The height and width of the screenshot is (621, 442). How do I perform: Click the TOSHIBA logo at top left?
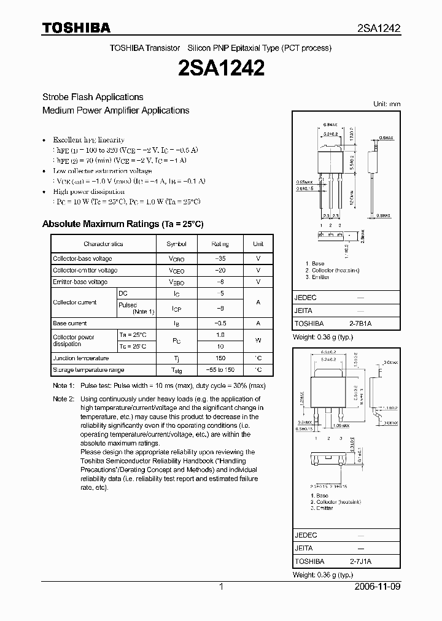tap(76, 28)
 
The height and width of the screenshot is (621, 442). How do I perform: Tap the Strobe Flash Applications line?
tap(93, 97)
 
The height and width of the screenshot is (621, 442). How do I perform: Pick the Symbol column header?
tap(177, 244)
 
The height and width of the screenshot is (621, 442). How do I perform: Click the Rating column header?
tap(220, 244)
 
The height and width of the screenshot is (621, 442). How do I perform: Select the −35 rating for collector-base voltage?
tap(220, 258)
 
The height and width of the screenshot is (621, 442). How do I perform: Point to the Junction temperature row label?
tap(81, 358)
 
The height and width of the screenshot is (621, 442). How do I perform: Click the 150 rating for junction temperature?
tap(220, 358)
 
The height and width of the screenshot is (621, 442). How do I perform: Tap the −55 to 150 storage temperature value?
tap(220, 370)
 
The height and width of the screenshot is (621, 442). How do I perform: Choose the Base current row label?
tap(70, 323)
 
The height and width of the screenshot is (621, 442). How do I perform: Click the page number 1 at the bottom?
tap(221, 587)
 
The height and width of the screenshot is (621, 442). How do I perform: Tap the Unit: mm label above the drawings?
tap(387, 104)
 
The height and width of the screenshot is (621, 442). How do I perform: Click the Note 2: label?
tap(63, 399)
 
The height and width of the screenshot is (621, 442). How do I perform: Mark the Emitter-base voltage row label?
tap(80, 282)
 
